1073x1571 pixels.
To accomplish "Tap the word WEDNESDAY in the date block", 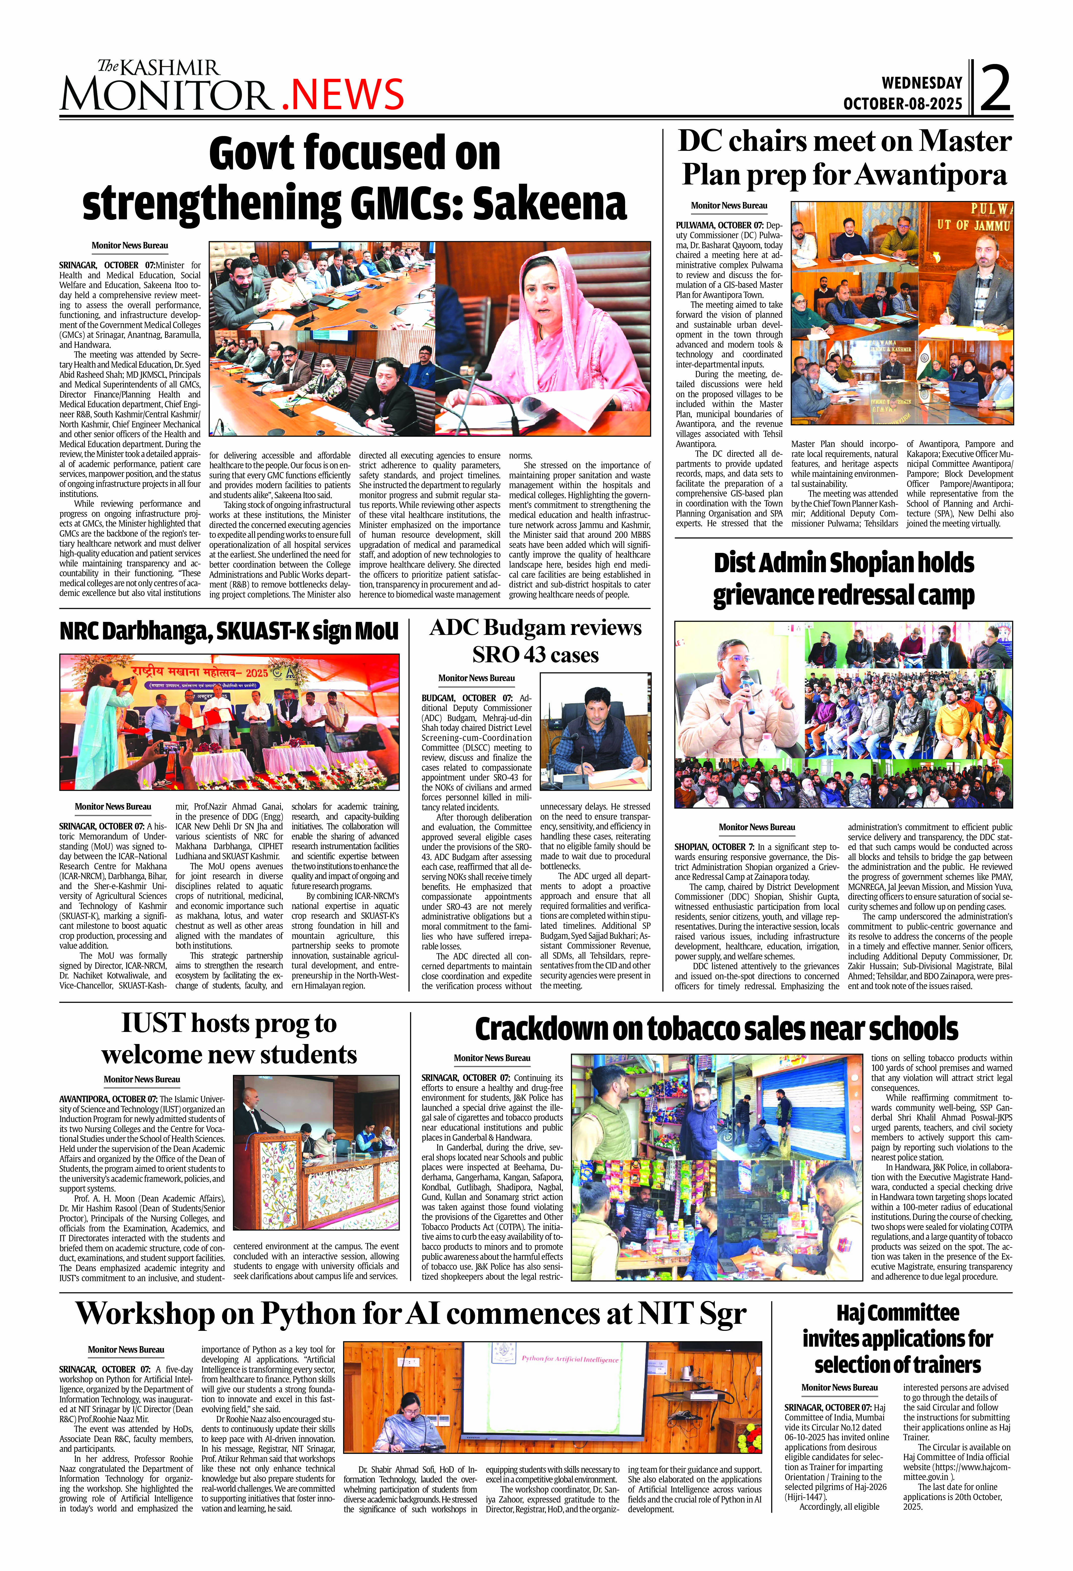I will [922, 83].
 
